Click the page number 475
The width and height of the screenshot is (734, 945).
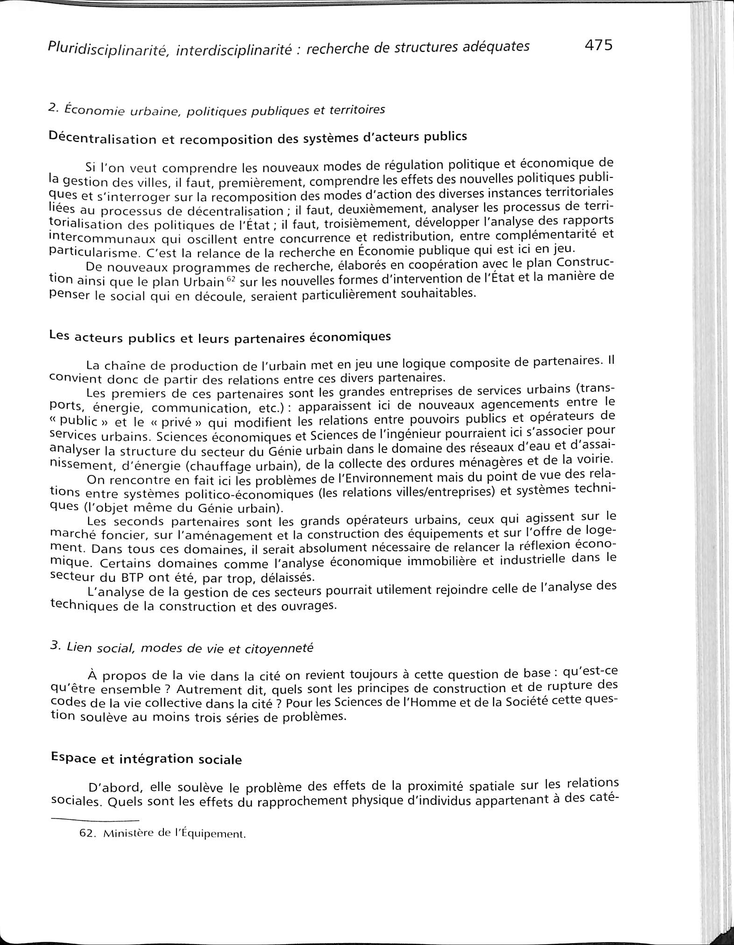597,45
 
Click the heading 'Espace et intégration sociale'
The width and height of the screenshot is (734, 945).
146,758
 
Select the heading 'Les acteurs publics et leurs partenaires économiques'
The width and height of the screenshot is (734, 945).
219,337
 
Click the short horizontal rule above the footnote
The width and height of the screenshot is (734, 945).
95,820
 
